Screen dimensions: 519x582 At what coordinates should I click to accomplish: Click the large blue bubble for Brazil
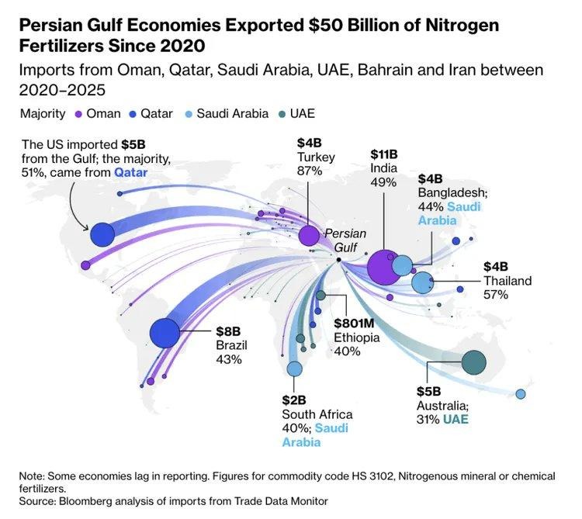click(165, 334)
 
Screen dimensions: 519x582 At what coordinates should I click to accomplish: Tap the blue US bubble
click(102, 234)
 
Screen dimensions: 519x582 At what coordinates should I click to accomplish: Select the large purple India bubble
click(383, 268)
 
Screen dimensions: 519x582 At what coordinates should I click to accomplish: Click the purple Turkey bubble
click(309, 235)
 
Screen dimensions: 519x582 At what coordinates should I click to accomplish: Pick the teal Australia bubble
click(473, 362)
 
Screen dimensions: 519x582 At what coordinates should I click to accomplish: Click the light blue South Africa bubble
click(294, 368)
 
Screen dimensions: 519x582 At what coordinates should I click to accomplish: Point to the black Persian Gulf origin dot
click(339, 260)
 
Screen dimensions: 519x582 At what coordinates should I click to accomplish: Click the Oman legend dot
click(76, 114)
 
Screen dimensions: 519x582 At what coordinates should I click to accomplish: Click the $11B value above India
click(383, 154)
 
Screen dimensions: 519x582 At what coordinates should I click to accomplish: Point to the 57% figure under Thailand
click(495, 295)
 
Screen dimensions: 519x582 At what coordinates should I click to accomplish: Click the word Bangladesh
click(452, 193)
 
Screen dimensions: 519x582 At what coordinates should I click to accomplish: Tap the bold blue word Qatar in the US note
click(130, 172)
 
